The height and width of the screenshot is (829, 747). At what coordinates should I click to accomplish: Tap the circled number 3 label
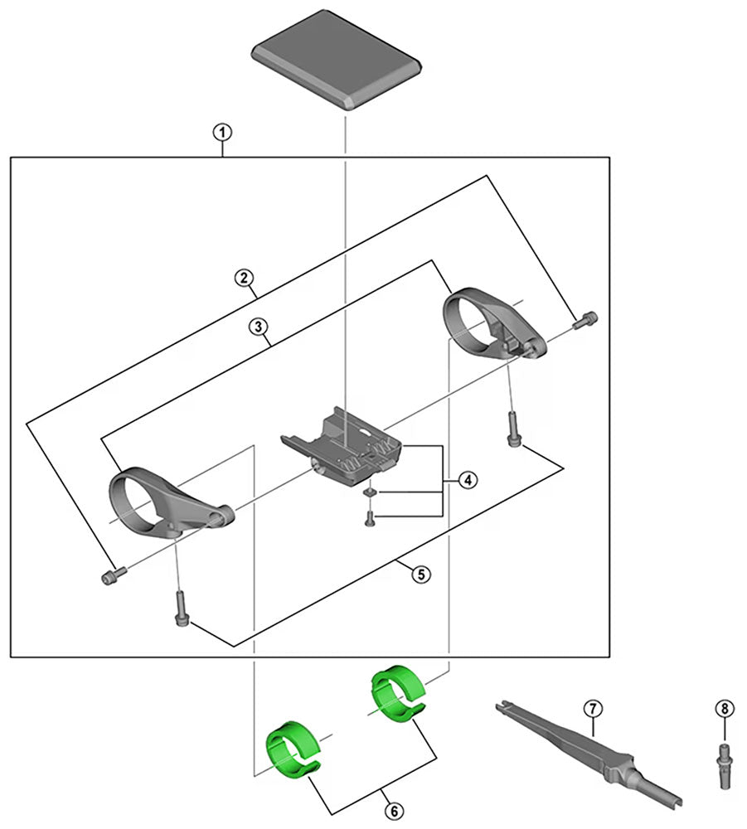tap(260, 327)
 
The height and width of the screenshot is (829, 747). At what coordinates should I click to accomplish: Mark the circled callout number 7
tap(592, 708)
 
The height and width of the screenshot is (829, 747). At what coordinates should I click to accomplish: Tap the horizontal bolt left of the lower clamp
tap(112, 574)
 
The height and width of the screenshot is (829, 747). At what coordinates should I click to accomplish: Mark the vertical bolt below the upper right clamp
tap(511, 430)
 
